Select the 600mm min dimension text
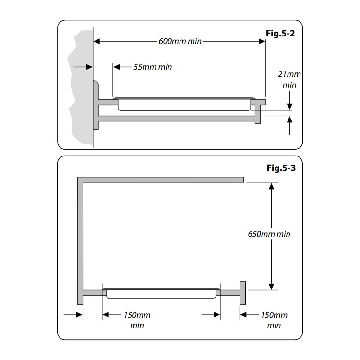180,41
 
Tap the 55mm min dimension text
152,67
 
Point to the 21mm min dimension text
289,80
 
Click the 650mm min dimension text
269,234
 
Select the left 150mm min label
137,320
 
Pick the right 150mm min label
274,320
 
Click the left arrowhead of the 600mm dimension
97,41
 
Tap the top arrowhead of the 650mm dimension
272,187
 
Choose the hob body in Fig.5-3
161,293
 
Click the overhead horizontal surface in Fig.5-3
163,180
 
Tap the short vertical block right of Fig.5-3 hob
243,292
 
